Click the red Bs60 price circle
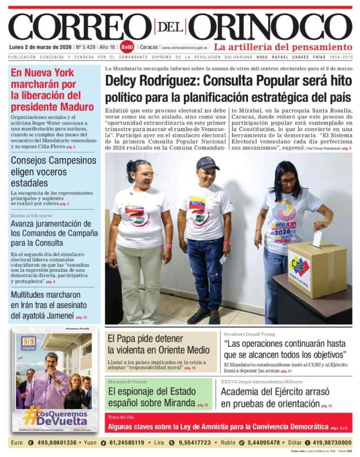coord(127,47)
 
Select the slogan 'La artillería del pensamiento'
coord(283,47)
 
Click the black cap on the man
coord(207,163)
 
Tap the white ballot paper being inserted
coord(317,238)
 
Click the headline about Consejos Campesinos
coord(53,171)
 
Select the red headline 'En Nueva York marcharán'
coord(52,89)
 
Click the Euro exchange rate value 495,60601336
coord(56,443)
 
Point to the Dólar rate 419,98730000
coord(327,443)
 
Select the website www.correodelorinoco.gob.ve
coord(185,48)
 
